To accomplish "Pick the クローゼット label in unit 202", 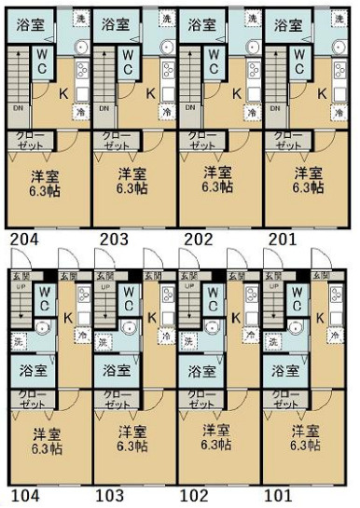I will pyautogui.click(x=202, y=142).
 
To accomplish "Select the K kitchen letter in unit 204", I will pyautogui.click(x=63, y=93).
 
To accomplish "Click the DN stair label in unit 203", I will pyautogui.click(x=104, y=108).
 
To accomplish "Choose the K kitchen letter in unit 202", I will pyautogui.click(x=237, y=92).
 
